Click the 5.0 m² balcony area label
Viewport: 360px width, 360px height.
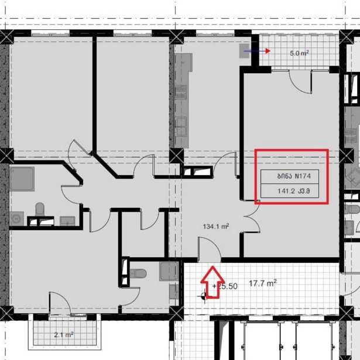point(299,53)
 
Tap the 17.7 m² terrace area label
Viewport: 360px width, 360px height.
point(263,283)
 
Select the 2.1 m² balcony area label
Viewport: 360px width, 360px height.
point(64,335)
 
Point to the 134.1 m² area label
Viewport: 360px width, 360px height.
point(216,227)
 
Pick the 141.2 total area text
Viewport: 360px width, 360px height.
point(286,191)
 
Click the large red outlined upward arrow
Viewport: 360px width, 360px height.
point(212,282)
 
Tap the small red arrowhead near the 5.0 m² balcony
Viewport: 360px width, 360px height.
point(268,51)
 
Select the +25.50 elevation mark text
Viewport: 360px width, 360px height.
point(225,286)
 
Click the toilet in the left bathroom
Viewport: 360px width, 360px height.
point(40,209)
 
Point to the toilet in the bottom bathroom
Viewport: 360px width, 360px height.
point(138,273)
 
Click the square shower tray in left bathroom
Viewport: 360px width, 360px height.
point(22,179)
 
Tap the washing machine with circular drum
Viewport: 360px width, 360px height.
point(16,219)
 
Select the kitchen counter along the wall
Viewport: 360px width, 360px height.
point(183,100)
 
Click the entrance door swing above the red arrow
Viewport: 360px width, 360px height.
point(210,249)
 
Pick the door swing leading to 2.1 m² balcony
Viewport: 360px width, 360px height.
point(60,303)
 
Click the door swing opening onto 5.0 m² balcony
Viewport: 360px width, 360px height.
point(300,82)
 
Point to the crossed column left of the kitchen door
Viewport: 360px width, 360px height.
point(176,156)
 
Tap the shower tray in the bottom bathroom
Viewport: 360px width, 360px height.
point(169,271)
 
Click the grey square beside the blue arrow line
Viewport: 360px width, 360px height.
point(244,51)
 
